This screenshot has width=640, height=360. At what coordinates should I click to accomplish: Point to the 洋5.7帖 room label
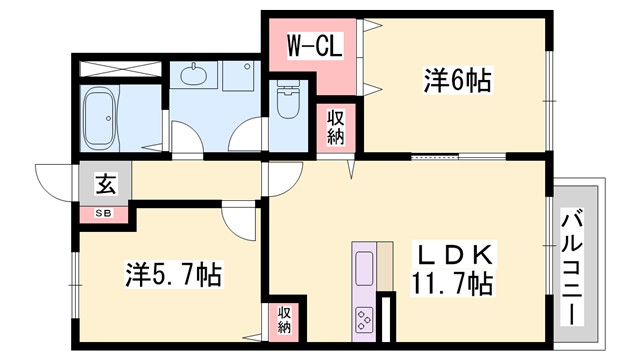[x=173, y=272]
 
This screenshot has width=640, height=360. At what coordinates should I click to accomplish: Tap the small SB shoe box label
[x=103, y=213]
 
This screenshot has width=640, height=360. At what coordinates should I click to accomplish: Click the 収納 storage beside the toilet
[x=335, y=127]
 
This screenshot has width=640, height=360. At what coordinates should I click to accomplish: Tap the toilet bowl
[x=287, y=99]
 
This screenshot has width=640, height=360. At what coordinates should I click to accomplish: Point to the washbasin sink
[x=191, y=76]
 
